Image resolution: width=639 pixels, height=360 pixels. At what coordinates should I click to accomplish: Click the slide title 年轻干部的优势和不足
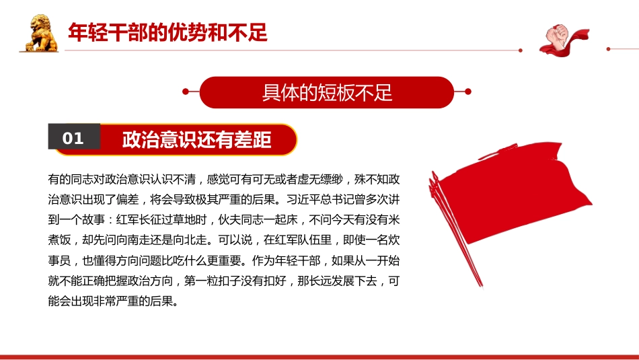168,32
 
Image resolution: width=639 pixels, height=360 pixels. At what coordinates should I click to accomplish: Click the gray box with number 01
73,138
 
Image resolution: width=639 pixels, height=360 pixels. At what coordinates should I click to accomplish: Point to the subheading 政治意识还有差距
196,139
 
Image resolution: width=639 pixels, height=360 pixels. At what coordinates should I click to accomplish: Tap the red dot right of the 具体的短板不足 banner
468,92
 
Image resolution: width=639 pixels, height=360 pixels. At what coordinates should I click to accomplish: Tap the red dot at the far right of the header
608,48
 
